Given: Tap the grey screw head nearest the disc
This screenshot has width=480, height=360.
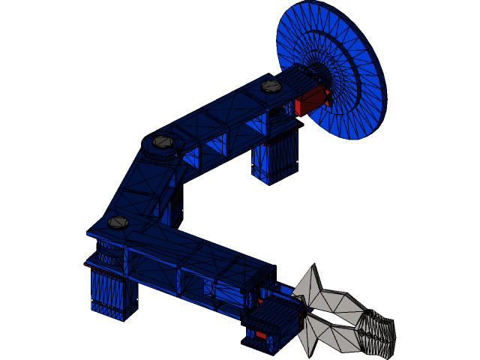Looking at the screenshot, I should [271, 86].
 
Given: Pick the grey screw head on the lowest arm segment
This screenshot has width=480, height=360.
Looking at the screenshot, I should [118, 222].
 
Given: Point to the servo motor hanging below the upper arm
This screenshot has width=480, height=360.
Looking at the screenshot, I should [275, 160].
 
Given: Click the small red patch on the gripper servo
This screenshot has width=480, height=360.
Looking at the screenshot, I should [261, 334].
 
